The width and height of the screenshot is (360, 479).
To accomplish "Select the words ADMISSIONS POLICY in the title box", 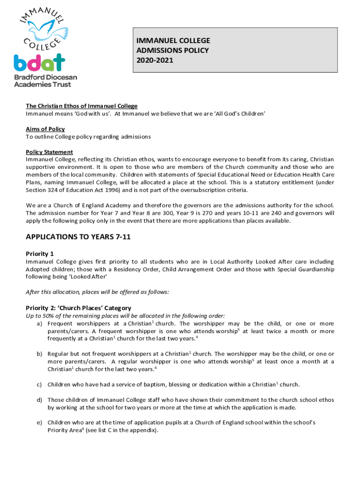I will click(x=173, y=50).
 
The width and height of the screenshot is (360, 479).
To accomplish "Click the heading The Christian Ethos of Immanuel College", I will click(x=81, y=106).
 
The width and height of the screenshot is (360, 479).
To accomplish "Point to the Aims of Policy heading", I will click(x=45, y=129).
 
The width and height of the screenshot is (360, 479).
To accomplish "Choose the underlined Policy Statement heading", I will click(x=49, y=152).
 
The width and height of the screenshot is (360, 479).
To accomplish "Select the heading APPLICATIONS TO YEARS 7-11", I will click(x=78, y=237).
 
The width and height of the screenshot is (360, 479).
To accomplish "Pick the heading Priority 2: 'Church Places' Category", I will click(x=79, y=308).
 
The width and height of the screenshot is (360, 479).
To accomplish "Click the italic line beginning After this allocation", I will click(x=97, y=292).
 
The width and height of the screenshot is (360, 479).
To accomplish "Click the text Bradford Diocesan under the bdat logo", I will click(x=45, y=77).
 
